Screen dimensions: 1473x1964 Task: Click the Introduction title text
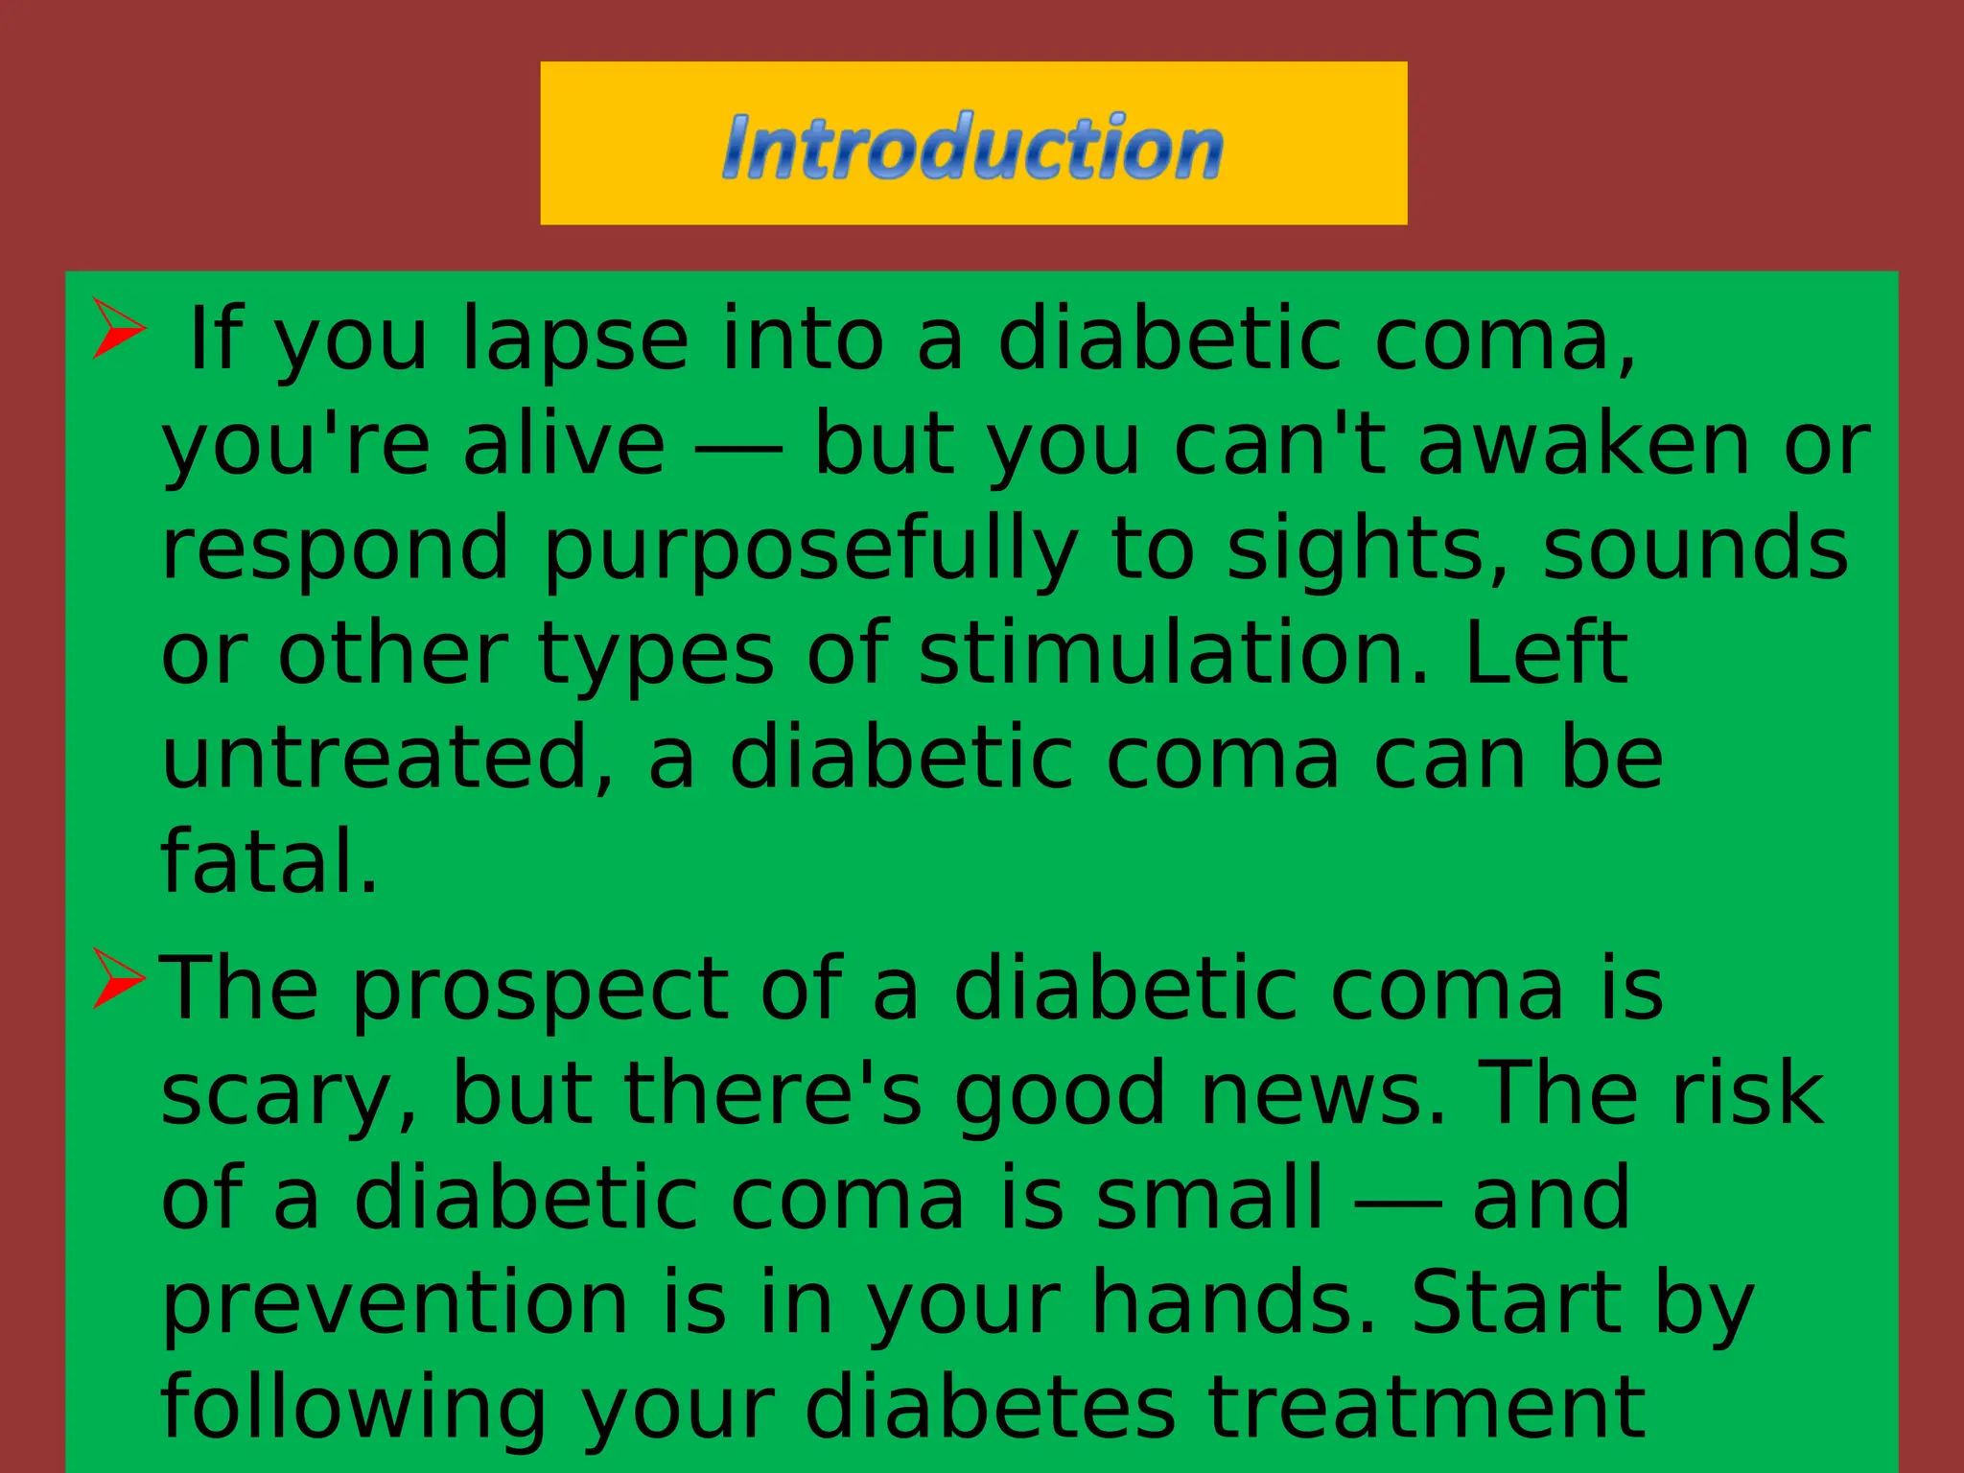[972, 146]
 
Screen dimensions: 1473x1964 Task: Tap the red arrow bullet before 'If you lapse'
[118, 328]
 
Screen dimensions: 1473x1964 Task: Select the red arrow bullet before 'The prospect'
[118, 978]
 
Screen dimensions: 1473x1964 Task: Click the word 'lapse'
[574, 340]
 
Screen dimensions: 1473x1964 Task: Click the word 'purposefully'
[811, 550]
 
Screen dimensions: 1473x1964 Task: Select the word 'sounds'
[1695, 550]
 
